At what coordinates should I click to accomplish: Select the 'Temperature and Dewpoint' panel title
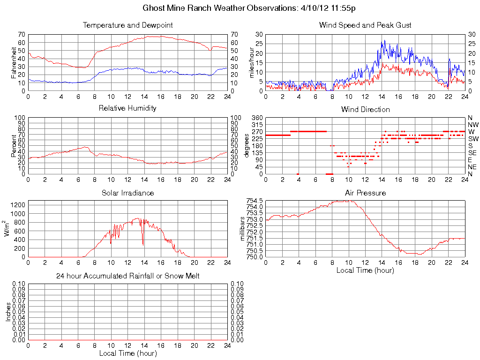click(127, 25)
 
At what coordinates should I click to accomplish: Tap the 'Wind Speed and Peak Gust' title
click(365, 25)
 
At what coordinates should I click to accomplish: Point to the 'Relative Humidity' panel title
click(127, 108)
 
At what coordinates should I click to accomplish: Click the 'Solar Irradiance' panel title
click(127, 193)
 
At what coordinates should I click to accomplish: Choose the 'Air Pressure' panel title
click(365, 193)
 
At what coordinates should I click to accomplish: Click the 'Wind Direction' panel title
click(365, 110)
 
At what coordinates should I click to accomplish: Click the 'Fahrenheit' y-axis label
click(14, 62)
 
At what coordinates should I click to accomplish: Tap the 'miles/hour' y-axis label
click(252, 62)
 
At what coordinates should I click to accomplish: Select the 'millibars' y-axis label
click(242, 229)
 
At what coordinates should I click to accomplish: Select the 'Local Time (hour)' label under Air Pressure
click(365, 270)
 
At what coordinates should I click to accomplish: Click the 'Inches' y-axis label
click(8, 312)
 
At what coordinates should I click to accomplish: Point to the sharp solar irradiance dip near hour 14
click(143, 244)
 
